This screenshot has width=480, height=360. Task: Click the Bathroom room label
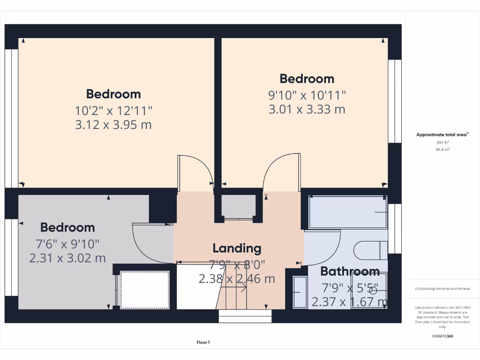point(350,271)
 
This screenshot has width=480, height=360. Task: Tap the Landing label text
point(237,248)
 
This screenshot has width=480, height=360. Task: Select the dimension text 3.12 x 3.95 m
point(113,125)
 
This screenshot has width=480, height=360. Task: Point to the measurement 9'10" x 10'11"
point(307,95)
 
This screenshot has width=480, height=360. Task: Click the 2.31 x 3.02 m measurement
point(67,258)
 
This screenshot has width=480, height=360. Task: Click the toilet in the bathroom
point(370,250)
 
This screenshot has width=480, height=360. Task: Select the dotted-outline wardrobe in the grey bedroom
point(145,289)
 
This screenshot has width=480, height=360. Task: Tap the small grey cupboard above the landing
point(238,206)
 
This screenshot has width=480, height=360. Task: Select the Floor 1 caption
point(203,343)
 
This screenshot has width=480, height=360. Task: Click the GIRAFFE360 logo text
point(443,336)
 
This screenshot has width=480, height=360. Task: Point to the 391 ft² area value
point(442,142)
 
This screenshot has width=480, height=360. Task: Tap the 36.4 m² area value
point(442,150)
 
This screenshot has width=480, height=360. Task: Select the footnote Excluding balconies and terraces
point(442,289)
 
